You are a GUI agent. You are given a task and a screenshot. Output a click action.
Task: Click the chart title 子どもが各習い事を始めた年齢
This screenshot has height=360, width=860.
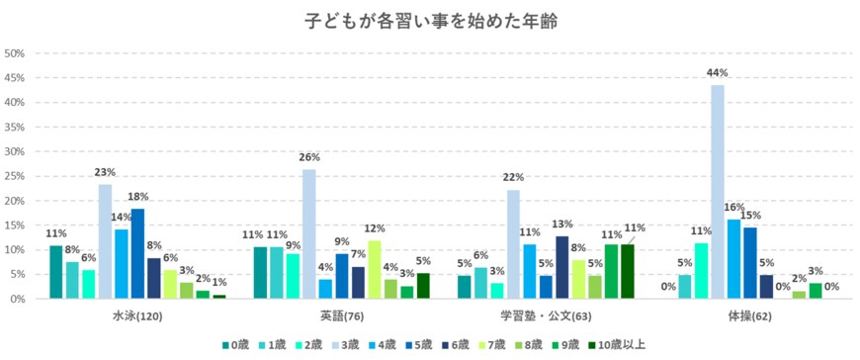(429, 20)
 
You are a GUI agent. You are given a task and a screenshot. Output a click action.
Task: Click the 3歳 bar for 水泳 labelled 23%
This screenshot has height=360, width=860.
(105, 241)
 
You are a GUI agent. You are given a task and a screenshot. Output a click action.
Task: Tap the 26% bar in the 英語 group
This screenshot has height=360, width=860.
(308, 234)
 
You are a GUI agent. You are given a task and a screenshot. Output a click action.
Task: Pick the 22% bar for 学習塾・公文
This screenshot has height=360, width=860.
(513, 244)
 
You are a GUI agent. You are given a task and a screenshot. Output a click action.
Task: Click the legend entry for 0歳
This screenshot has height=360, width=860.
(235, 345)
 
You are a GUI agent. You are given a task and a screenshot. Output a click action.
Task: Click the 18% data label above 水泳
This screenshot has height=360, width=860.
(137, 198)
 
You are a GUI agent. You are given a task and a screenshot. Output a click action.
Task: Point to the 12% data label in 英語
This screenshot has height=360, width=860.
(374, 229)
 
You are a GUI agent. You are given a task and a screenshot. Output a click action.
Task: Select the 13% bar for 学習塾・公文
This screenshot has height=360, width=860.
(561, 267)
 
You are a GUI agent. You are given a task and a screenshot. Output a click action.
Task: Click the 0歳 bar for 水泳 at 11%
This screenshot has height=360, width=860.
(56, 272)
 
